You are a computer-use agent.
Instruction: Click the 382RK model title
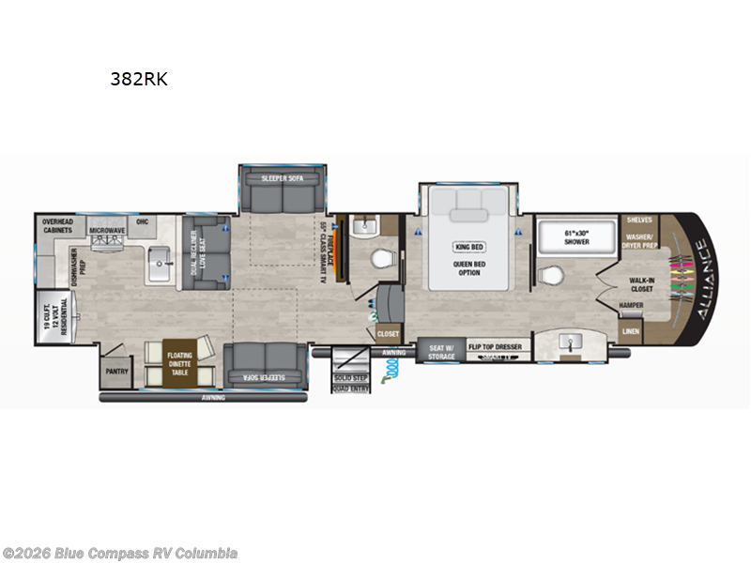(139, 80)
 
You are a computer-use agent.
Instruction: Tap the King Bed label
(467, 248)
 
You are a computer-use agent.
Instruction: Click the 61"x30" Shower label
(576, 236)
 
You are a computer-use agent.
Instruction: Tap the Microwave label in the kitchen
(108, 230)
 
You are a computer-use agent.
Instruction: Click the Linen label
(631, 331)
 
